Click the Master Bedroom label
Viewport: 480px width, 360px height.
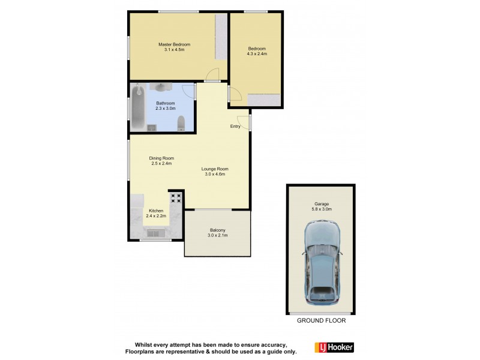coord(174,45)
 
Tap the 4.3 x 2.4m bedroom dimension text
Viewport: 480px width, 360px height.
coord(256,54)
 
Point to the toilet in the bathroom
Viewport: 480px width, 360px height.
coord(182,124)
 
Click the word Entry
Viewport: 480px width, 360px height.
coord(235,127)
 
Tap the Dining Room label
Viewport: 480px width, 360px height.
coord(161,158)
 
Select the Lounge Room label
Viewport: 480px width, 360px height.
coord(215,169)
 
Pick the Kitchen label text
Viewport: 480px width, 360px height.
coord(156,211)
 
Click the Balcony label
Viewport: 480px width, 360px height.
coord(217,230)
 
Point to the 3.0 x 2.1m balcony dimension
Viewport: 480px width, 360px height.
coord(217,236)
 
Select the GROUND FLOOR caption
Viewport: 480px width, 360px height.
coord(321,321)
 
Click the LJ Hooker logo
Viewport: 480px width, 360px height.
coord(334,347)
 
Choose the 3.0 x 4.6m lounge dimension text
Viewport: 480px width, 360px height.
coord(215,175)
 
